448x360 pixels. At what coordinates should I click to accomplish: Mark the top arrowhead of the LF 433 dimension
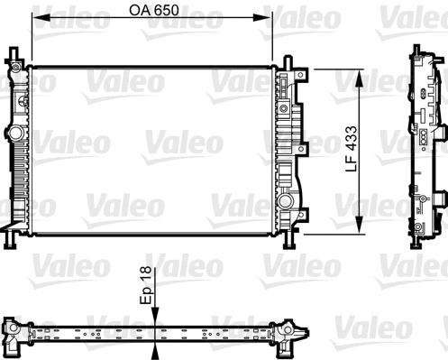coord(361,74)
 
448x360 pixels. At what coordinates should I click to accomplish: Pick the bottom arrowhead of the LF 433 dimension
coord(361,226)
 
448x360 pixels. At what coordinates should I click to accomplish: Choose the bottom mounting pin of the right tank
coord(288,242)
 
